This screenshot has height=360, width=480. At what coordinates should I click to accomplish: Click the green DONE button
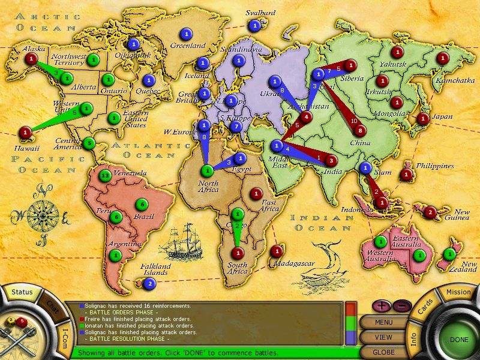click(458, 340)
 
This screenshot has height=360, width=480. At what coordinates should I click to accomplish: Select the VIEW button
click(383, 337)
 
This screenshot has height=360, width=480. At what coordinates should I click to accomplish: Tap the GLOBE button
click(383, 352)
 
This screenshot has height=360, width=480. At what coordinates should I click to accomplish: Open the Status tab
click(22, 292)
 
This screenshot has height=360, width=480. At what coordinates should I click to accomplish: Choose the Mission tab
click(459, 292)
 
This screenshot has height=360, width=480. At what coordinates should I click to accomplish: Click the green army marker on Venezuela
click(106, 176)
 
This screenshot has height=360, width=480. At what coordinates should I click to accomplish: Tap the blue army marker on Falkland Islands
click(149, 284)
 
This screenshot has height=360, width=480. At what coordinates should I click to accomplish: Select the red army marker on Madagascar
click(276, 251)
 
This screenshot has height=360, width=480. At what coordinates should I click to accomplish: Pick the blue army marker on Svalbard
click(256, 26)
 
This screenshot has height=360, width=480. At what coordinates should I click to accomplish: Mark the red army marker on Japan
click(423, 118)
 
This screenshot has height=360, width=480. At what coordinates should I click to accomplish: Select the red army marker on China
click(360, 130)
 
